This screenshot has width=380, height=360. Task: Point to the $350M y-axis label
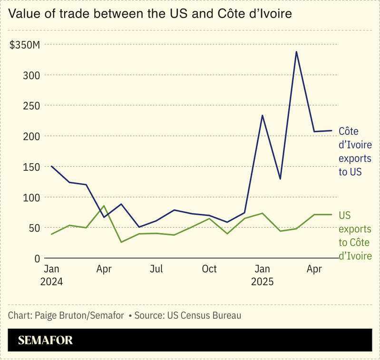tap(25, 45)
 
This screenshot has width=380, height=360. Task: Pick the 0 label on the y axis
tap(38, 259)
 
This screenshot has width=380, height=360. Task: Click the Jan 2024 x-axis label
tap(51, 275)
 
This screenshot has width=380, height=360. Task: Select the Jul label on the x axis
tap(156, 269)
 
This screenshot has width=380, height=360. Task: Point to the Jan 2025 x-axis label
tap(262, 275)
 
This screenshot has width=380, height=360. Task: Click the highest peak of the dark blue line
tap(296, 52)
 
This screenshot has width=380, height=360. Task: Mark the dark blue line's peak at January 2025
tap(262, 115)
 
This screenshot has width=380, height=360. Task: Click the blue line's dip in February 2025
tap(280, 179)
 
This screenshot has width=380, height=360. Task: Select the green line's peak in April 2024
tap(104, 206)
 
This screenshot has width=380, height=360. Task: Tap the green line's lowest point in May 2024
tap(121, 242)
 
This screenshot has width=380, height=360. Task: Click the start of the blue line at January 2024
tap(51, 166)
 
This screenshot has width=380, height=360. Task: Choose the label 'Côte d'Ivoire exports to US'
tap(355, 152)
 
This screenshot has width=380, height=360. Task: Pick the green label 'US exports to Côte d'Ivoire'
tap(355, 236)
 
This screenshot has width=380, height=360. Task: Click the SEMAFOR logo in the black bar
tap(45, 341)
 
